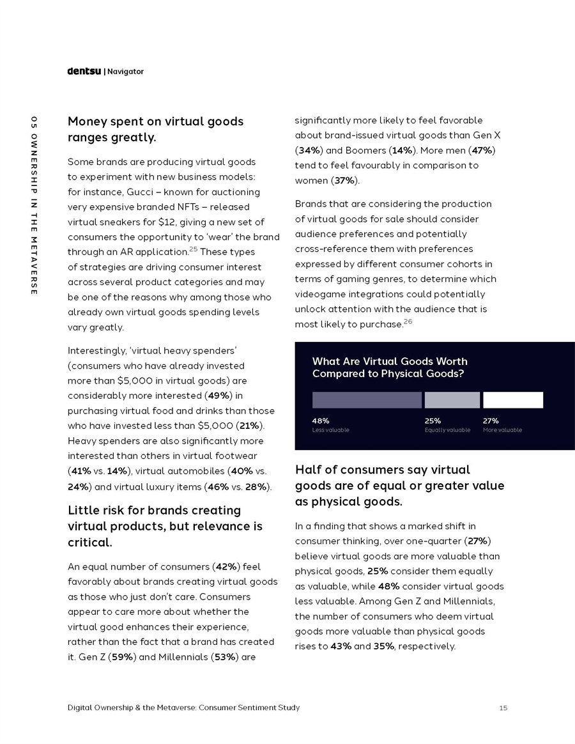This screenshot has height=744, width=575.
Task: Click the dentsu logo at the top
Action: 84,72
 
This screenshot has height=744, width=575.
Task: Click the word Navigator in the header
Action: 125,72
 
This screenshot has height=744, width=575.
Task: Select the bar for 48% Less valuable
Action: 367,400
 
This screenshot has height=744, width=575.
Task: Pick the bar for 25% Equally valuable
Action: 452,400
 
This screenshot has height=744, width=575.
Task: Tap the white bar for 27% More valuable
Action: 513,400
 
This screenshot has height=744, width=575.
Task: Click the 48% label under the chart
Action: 321,421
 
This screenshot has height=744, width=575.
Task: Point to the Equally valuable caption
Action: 447,430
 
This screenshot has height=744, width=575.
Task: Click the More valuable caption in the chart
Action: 502,430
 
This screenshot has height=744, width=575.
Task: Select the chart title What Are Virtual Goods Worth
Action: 389,361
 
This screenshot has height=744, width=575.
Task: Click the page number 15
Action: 503,708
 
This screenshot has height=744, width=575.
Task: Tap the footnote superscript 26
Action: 408,320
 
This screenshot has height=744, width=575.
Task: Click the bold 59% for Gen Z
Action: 122,656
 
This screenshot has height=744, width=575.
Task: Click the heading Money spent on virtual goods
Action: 155,121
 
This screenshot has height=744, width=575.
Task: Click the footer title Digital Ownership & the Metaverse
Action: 183,708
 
